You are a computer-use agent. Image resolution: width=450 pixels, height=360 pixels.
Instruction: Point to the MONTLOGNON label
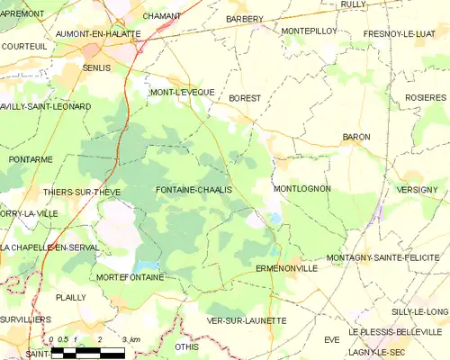click(301, 189)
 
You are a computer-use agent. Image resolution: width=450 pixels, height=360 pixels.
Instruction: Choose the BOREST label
click(245, 97)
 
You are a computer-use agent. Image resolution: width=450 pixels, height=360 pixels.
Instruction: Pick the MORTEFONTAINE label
click(130, 277)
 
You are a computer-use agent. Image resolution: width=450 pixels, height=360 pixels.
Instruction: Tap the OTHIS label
click(187, 346)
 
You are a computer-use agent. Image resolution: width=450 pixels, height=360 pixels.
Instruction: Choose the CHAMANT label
click(162, 16)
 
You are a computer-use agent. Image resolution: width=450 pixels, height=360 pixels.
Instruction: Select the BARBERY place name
click(245, 19)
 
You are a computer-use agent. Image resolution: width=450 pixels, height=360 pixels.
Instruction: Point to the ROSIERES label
click(425, 97)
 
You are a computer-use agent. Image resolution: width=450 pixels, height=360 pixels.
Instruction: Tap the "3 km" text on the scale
click(130, 338)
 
